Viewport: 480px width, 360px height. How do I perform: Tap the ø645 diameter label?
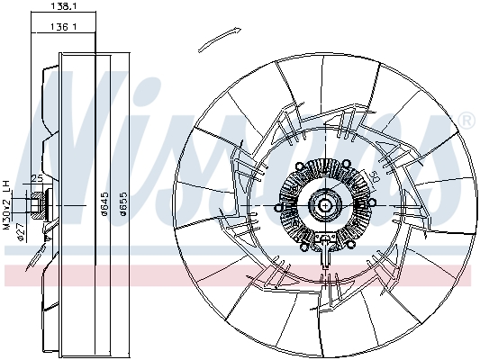[105, 211]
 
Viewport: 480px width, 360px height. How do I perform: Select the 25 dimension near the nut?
[38, 180]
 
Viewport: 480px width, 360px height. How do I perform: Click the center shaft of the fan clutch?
[323, 206]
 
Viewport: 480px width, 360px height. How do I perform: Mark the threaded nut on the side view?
[37, 205]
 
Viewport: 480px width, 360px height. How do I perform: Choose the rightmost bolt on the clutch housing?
[363, 206]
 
